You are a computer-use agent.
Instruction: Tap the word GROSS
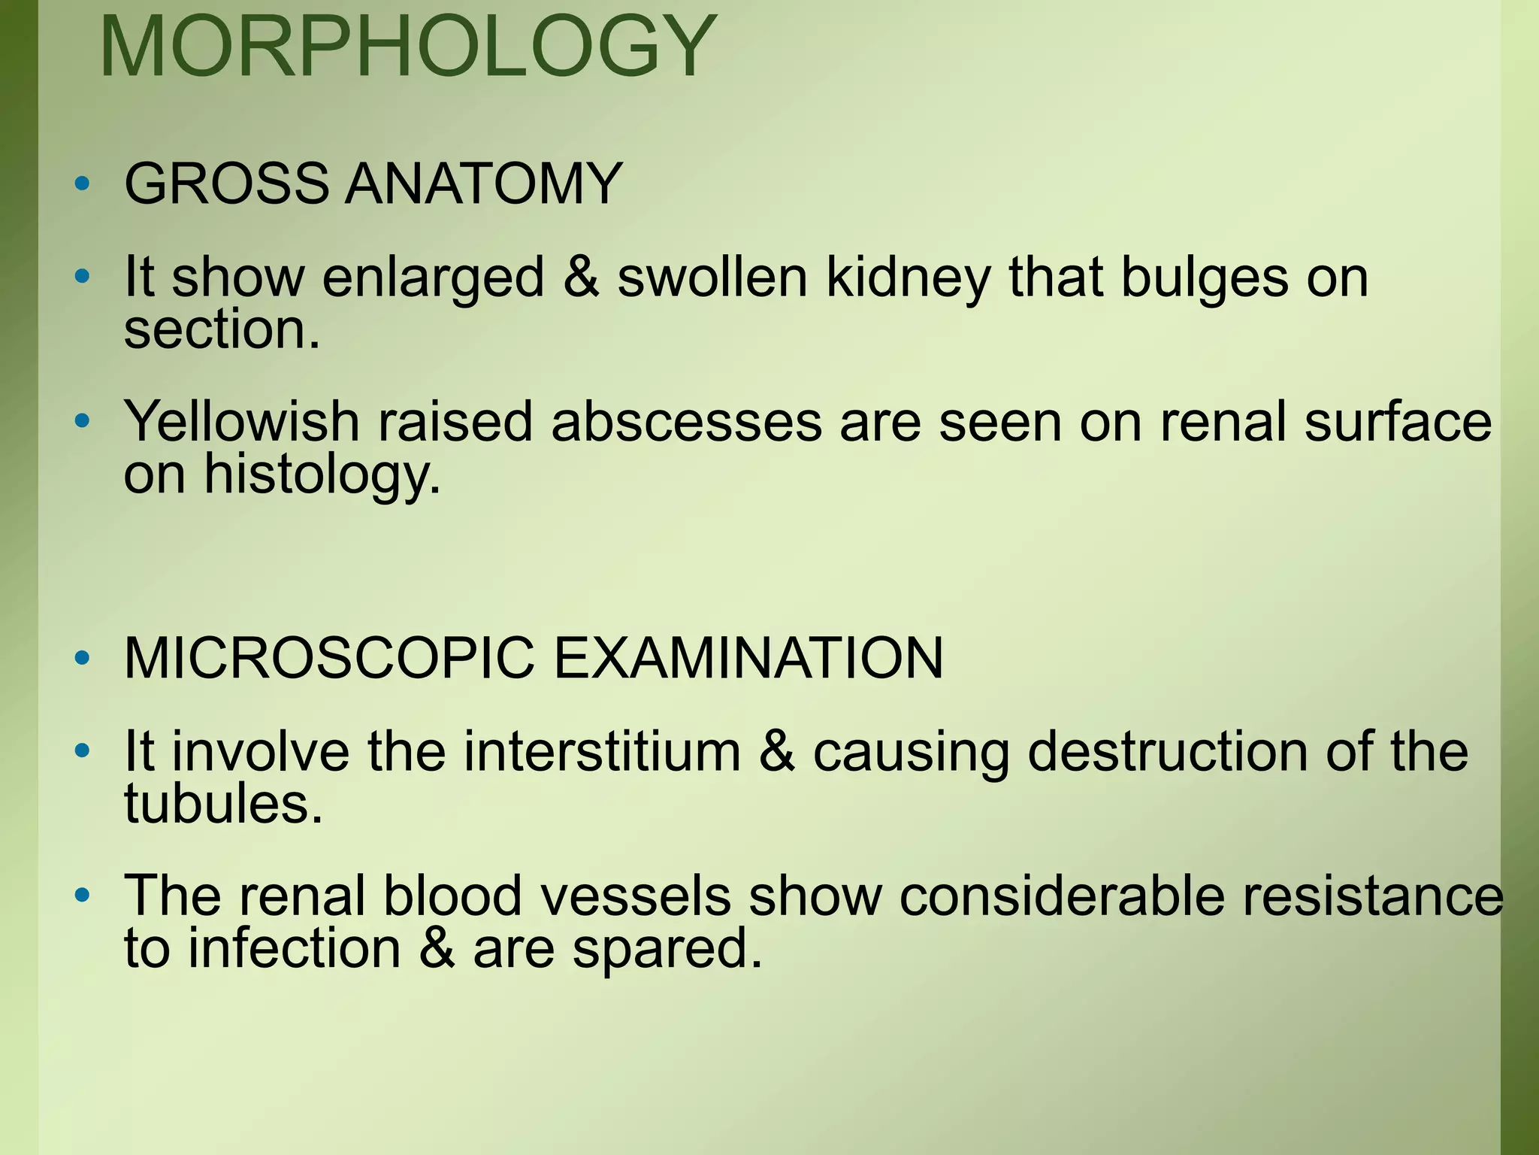pos(226,183)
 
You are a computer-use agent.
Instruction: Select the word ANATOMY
pos(483,183)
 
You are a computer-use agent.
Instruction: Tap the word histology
pos(322,475)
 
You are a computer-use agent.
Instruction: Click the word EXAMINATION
pos(748,659)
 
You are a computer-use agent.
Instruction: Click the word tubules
pos(223,804)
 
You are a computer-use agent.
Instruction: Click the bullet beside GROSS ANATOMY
pos(83,183)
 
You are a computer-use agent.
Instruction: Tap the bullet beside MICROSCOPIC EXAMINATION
pos(83,659)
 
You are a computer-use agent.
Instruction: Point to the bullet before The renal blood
pos(83,896)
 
